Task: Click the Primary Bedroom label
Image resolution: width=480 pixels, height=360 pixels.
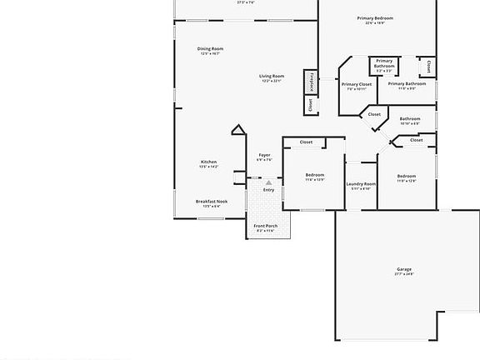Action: coord(375,18)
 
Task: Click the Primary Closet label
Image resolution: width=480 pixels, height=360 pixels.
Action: coord(357,84)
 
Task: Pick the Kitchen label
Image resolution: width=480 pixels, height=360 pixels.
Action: coord(208,162)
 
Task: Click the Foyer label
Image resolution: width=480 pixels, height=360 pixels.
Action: coord(264,155)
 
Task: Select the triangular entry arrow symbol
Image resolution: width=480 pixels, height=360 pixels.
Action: coord(268,182)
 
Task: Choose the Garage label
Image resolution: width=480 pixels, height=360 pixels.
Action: coord(404,268)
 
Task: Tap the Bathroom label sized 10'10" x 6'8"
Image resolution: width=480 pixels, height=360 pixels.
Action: coord(410,118)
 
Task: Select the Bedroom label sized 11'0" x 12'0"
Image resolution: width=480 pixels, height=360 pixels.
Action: coord(406,176)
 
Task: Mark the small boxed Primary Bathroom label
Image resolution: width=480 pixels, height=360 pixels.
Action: coord(384,62)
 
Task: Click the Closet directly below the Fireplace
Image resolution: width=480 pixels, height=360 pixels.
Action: coord(312,104)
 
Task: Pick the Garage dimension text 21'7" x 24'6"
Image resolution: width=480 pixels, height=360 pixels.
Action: coord(404,273)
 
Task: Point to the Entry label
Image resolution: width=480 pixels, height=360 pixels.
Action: coord(268,190)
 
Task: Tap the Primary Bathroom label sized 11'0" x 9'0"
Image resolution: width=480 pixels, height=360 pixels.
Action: coord(407,83)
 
